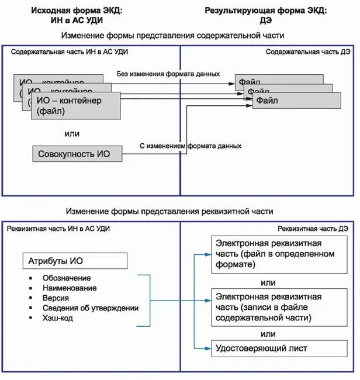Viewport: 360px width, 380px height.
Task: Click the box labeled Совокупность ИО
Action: click(78, 154)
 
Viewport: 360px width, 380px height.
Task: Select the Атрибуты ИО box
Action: click(74, 260)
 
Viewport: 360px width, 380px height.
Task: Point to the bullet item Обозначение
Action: click(67, 278)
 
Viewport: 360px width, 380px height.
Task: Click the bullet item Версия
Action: click(56, 298)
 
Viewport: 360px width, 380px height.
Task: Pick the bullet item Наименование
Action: click(70, 288)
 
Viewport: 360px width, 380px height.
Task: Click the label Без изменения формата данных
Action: click(168, 74)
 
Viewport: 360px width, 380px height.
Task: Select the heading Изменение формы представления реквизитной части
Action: click(169, 211)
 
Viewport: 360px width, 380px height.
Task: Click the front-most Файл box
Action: click(296, 101)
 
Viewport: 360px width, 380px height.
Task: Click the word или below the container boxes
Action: click(72, 133)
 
